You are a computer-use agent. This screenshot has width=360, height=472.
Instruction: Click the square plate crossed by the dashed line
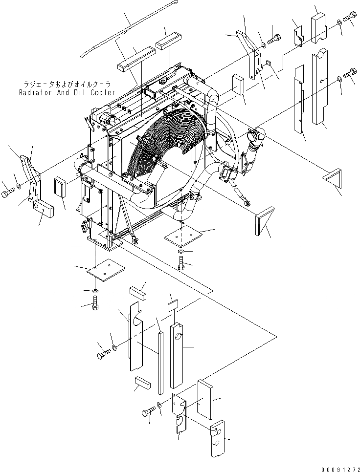click(182, 236)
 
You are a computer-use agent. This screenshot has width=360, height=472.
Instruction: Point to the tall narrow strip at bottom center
click(160, 362)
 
